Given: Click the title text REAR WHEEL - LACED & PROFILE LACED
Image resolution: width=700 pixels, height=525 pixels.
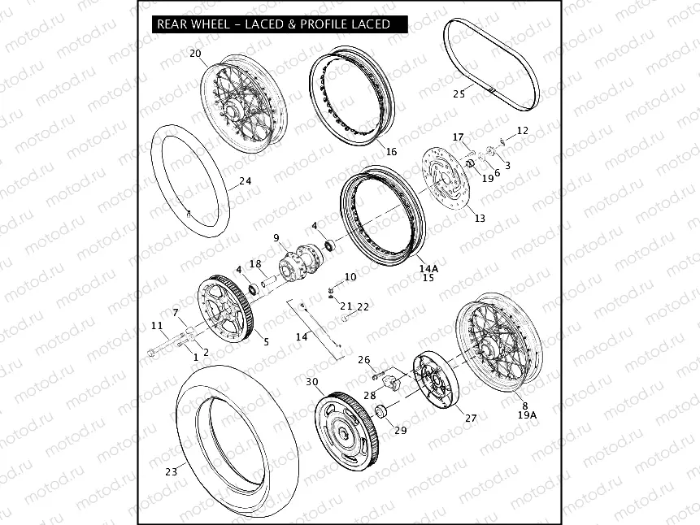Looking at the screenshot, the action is [274, 24].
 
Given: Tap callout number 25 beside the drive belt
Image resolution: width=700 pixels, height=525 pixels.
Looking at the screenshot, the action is [459, 94].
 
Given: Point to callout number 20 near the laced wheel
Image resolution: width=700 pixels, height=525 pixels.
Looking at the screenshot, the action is [196, 54].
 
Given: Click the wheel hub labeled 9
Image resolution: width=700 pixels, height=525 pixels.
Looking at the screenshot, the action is [301, 261].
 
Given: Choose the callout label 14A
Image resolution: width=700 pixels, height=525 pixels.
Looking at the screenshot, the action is [428, 268].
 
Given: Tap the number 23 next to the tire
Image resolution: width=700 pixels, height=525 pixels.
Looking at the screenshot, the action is [172, 471].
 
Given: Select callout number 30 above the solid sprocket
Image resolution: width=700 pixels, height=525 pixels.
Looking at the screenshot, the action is [312, 382].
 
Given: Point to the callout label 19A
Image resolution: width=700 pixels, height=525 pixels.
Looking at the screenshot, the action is [527, 414].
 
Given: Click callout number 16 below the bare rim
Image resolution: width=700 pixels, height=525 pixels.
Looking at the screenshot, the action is [391, 152].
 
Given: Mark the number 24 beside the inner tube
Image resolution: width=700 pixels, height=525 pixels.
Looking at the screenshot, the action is [245, 180].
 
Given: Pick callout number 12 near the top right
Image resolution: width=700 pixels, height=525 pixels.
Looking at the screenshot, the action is [522, 130].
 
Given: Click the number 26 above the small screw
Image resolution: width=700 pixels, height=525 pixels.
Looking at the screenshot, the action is [364, 360].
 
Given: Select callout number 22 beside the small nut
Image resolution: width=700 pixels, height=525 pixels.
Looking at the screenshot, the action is [363, 306].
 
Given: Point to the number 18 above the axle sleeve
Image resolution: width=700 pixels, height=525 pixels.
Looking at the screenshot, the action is [255, 264].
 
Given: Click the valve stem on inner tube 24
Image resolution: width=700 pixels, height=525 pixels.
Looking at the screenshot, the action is [189, 215].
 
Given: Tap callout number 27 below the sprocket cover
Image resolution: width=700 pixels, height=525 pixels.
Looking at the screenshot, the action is [471, 419].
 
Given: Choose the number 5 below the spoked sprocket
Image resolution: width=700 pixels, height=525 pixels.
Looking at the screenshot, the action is [266, 342].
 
